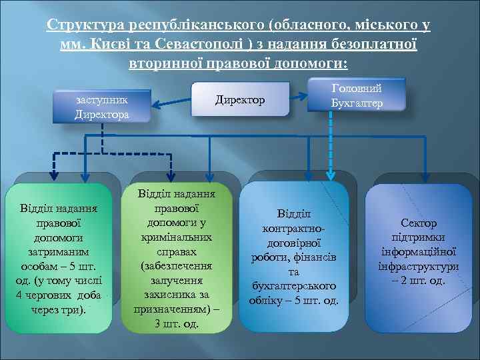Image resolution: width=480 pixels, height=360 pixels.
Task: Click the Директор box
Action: (x=239, y=100)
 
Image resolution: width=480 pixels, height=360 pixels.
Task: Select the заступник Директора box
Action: (x=102, y=107)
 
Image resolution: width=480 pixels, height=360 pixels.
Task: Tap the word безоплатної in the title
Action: (x=370, y=45)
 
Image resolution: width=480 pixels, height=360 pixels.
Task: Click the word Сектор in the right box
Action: (x=419, y=223)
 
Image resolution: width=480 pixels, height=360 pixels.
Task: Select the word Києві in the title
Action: (x=100, y=45)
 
